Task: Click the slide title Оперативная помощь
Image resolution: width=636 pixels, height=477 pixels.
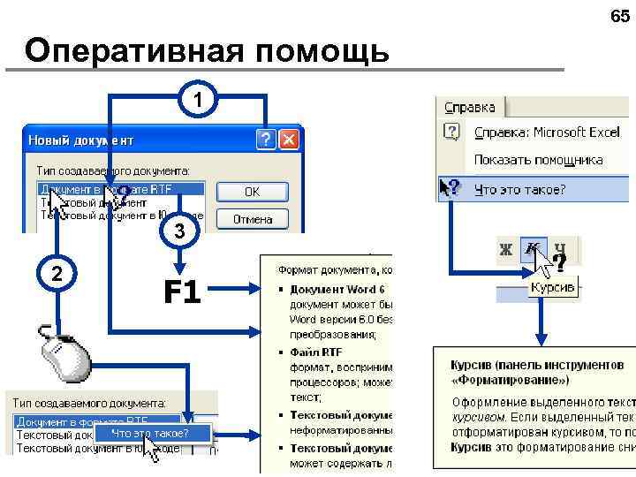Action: [x=207, y=51]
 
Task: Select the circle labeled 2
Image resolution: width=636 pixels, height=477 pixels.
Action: [x=57, y=273]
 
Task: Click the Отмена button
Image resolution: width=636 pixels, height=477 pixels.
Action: [x=252, y=218]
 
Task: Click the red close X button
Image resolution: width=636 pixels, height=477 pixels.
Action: [x=289, y=140]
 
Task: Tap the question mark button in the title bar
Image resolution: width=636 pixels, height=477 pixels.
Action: [x=266, y=140]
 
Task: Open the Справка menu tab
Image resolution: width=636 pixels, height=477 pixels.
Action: [x=470, y=107]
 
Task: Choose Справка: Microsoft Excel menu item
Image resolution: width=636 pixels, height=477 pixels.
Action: [x=546, y=132]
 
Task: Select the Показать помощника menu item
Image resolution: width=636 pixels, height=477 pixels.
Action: [x=538, y=160]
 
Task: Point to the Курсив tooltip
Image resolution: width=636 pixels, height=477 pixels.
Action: [x=552, y=288]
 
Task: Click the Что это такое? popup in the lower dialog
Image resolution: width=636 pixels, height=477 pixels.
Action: [x=149, y=433]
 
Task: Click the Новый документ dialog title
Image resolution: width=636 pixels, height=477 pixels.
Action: [x=80, y=140]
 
